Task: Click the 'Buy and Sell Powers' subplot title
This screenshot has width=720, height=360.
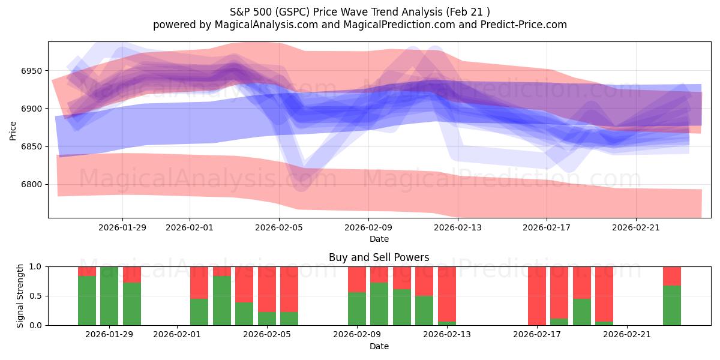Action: coord(379,257)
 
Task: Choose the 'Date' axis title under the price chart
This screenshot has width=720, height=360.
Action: coord(379,239)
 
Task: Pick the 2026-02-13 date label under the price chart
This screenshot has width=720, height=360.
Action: coord(458,227)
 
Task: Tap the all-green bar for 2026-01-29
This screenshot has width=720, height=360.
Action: coord(109,296)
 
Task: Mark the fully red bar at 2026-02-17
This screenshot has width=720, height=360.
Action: coord(537,296)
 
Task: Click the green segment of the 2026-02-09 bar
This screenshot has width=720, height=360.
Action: coord(357,308)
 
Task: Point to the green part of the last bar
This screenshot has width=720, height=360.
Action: coord(672,305)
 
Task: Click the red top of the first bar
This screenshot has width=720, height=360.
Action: coord(87,271)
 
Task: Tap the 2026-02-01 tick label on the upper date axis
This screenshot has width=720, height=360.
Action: coord(190,227)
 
